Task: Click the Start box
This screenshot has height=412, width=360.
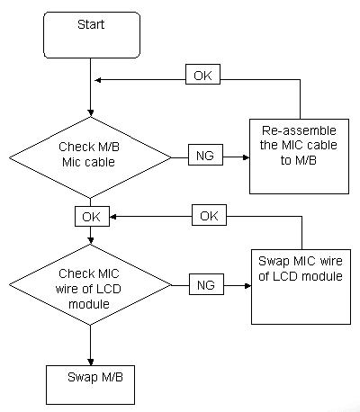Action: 92,35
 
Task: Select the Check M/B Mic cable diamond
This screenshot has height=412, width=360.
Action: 90,157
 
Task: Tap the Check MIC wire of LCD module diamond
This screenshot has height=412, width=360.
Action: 90,285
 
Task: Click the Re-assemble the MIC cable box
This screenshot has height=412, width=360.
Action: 299,157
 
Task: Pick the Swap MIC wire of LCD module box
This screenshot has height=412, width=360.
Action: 301,287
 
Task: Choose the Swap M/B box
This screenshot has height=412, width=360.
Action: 90,385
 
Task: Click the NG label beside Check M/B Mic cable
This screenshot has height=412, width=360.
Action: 205,155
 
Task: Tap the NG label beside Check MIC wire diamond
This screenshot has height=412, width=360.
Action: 206,284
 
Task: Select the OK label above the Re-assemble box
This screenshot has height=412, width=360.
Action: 202,74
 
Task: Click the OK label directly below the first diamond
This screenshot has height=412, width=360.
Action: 92,216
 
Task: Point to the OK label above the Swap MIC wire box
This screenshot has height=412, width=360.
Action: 209,215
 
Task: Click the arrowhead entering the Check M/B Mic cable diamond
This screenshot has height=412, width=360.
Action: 90,113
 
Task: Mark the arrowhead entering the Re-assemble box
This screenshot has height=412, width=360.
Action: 246,157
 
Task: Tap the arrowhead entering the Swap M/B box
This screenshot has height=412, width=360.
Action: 90,362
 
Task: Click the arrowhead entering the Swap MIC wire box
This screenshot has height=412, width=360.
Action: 247,286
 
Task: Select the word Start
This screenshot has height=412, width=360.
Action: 91,24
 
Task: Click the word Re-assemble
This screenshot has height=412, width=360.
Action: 299,130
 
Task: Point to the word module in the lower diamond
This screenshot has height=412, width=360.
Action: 89,304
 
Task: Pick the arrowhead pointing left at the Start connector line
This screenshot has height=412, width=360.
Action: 98,80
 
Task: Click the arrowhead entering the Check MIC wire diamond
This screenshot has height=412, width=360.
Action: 90,240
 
